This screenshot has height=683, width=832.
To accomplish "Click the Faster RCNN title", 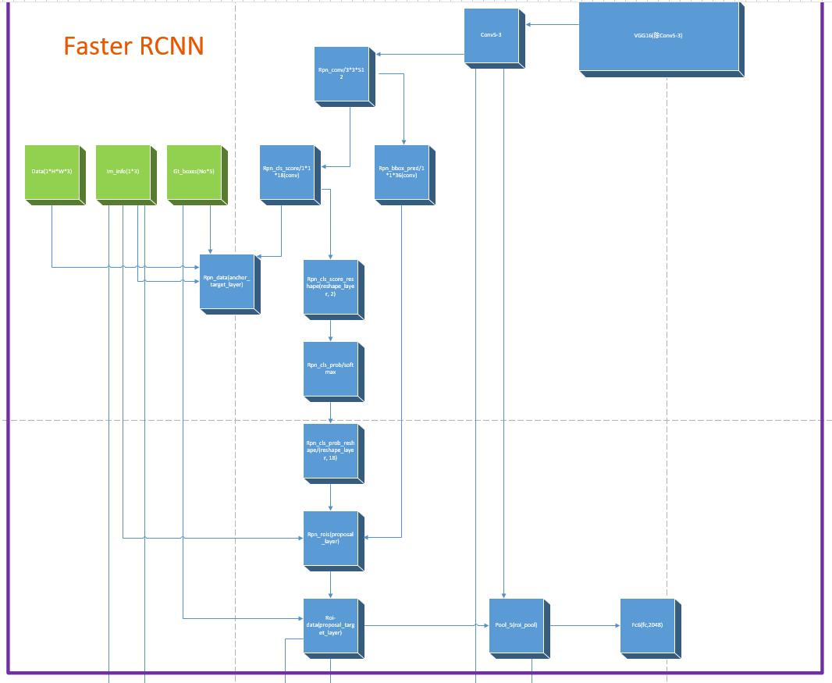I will [133, 46].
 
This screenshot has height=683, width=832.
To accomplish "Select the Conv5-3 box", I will [491, 35].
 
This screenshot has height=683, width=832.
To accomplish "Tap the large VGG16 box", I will [658, 36].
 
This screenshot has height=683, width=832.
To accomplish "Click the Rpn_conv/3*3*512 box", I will [341, 73].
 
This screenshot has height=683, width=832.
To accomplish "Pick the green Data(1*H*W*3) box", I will [51, 172].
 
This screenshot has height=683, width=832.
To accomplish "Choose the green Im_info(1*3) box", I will [123, 172].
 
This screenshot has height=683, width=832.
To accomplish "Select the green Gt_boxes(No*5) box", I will [194, 172].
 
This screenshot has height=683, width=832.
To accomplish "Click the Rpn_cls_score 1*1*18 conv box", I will [286, 172].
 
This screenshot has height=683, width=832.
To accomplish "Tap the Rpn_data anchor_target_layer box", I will [227, 282].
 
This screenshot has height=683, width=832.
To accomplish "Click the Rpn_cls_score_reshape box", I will [330, 286].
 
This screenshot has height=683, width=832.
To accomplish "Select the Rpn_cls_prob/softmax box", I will [330, 368].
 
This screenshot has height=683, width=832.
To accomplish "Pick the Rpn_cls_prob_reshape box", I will [330, 450].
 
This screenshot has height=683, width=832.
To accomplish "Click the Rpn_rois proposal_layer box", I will [330, 538].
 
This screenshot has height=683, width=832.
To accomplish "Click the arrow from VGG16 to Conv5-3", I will [552, 25].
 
